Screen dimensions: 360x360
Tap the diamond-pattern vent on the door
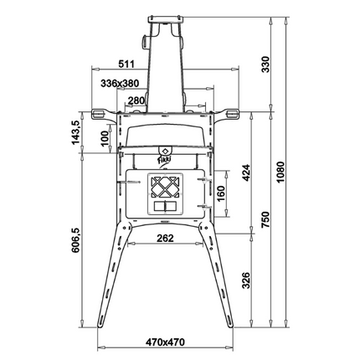pos(164,186)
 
